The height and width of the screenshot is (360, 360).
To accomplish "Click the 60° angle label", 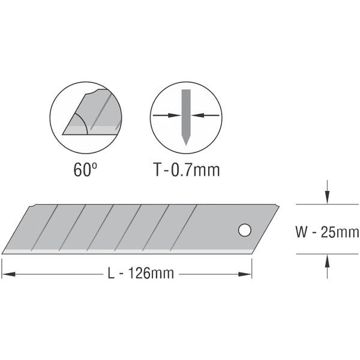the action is [x=85, y=169].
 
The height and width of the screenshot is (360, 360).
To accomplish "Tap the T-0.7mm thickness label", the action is [x=187, y=169].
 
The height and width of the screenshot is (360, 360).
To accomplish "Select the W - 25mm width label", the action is [x=327, y=232].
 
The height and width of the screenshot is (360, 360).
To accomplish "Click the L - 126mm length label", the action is [x=141, y=273].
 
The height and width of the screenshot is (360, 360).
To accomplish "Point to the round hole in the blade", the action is [x=245, y=230].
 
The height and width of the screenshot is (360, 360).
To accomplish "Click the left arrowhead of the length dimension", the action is [x=8, y=274].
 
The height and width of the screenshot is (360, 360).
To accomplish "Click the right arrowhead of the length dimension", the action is [x=245, y=274].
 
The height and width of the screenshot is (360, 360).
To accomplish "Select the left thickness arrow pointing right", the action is [x=167, y=115].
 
